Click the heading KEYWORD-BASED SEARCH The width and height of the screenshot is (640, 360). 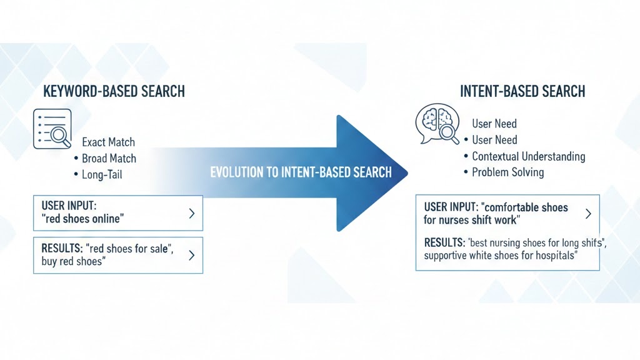coord(114,91)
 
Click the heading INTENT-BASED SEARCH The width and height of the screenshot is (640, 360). coord(522,91)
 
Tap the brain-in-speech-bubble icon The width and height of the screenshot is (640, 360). coord(438,123)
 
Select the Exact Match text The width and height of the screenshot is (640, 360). coord(108,142)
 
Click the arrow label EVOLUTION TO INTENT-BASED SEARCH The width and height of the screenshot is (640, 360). coord(301,172)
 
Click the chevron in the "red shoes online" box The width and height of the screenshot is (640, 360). coord(191,213)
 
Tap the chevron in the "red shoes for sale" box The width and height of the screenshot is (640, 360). coord(191,255)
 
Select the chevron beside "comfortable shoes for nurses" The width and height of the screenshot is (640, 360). coord(588,213)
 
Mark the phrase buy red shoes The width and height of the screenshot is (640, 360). coord(72,261)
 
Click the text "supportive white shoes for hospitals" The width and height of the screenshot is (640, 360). coord(500,256)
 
